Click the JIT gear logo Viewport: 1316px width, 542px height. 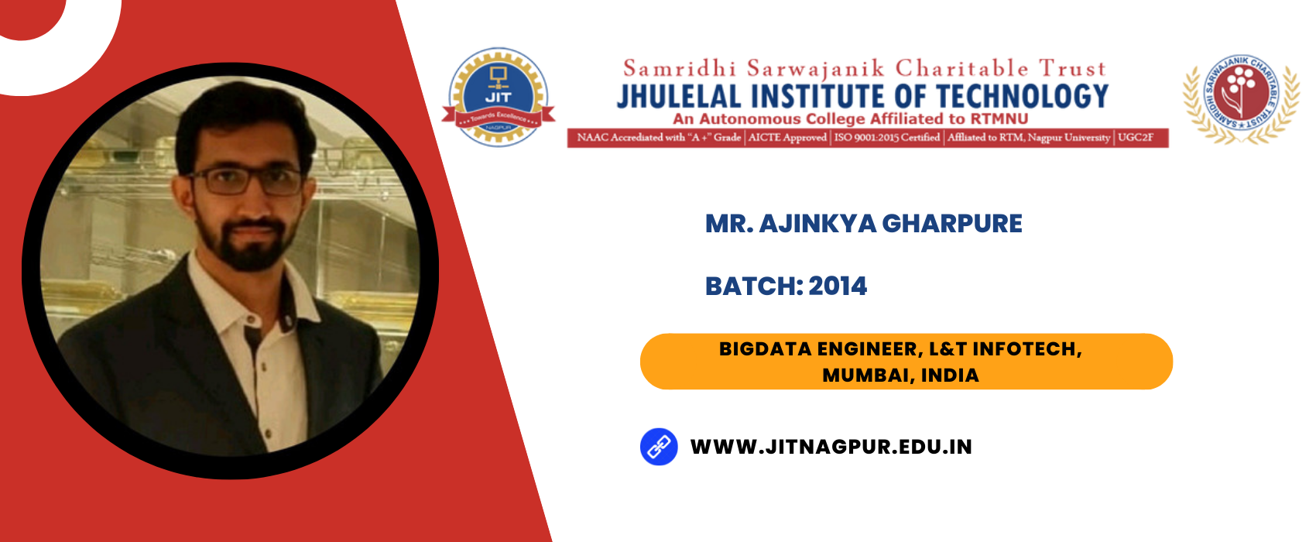(x=499, y=97)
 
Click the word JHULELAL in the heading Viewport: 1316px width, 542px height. (x=679, y=97)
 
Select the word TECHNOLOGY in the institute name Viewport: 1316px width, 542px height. (x=1023, y=97)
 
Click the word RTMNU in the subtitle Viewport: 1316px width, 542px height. (x=999, y=118)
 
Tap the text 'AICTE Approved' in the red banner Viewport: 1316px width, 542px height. (x=787, y=138)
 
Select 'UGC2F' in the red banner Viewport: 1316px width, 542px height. (x=1135, y=138)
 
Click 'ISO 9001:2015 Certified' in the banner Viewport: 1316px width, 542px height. (x=887, y=138)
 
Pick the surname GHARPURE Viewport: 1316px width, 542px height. (x=951, y=224)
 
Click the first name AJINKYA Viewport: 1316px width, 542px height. (x=817, y=224)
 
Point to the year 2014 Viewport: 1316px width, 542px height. (x=838, y=286)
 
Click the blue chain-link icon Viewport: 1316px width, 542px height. (x=659, y=447)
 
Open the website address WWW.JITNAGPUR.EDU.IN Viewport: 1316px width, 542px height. (x=831, y=447)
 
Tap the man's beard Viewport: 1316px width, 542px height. (x=244, y=241)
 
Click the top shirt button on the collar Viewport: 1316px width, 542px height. (x=253, y=321)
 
